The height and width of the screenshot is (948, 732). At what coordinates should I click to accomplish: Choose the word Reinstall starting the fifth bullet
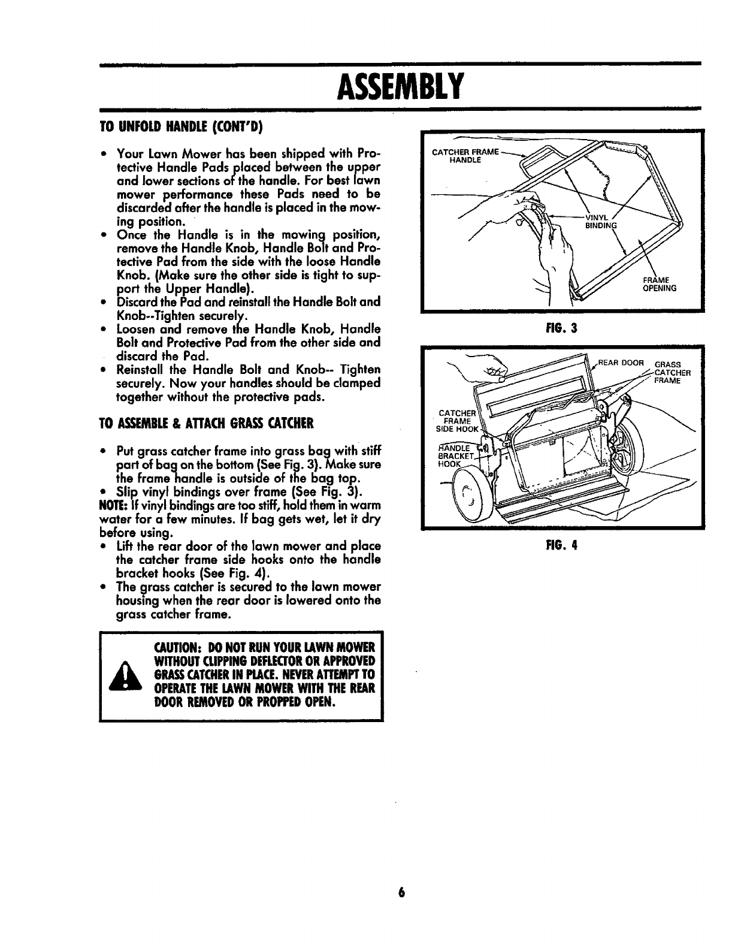pos(143,370)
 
